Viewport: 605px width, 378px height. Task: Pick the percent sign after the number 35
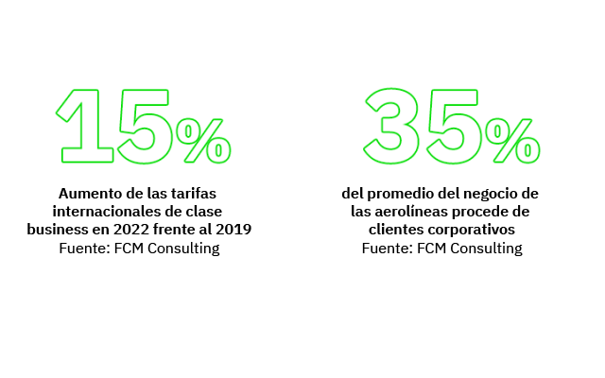pos(514,139)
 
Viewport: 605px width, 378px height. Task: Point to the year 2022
pos(128,230)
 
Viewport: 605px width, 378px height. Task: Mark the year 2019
pos(233,230)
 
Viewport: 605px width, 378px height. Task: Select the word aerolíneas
pos(408,211)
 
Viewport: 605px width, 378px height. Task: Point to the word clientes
pos(396,230)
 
